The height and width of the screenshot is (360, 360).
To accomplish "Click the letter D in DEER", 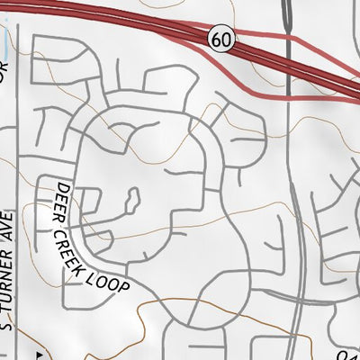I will (x=60, y=187).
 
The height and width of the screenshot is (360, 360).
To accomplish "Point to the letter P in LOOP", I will (x=128, y=286).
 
